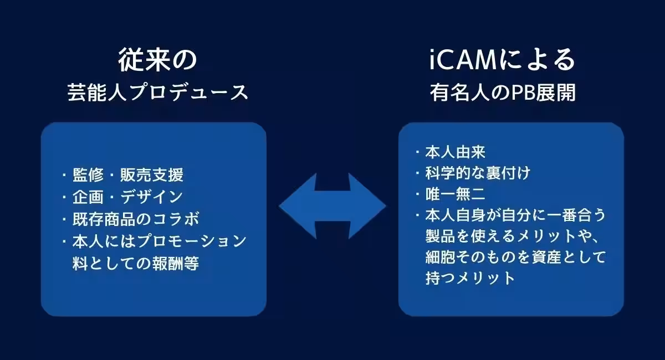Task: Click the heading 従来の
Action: (157, 60)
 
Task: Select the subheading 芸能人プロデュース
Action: (157, 92)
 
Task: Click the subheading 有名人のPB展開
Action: (503, 92)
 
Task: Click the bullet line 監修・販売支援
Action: (128, 176)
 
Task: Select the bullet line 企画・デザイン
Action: (127, 197)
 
